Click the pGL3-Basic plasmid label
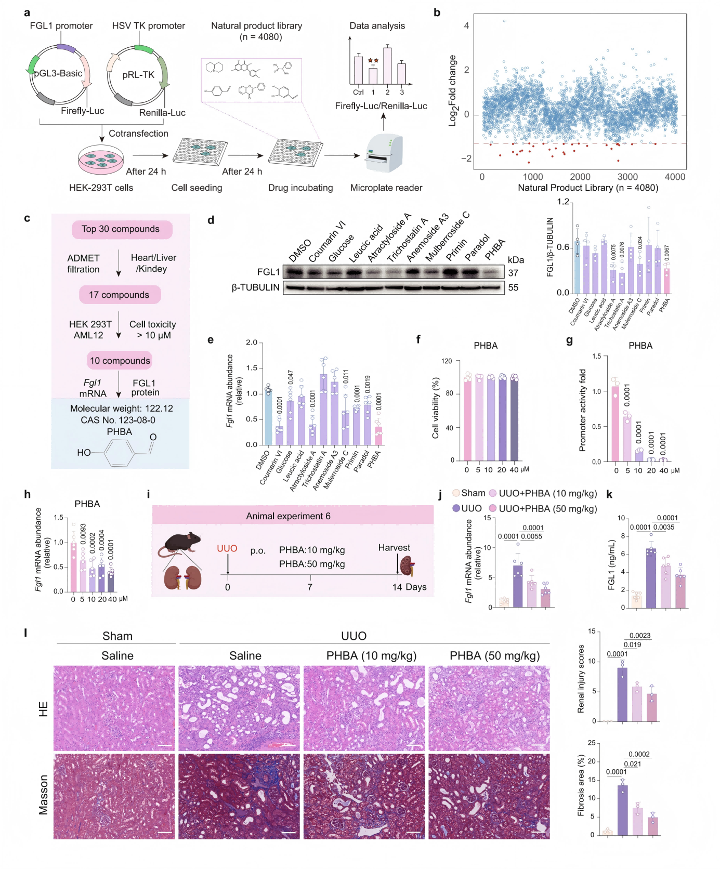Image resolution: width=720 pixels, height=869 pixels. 58,73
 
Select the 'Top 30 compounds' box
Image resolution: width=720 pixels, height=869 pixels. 121,229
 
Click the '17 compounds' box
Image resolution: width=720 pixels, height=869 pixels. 119,295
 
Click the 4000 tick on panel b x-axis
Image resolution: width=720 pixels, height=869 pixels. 675,177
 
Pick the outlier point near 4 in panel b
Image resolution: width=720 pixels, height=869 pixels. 504,21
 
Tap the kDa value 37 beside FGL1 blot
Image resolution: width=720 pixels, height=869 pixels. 513,273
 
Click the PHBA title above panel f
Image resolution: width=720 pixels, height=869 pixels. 486,346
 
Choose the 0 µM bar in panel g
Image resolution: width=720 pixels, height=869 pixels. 616,424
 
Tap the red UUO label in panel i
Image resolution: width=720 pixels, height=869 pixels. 227,548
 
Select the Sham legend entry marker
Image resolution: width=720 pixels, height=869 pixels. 456,493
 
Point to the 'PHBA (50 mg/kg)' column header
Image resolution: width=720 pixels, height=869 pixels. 494,656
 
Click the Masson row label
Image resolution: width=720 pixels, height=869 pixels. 44,795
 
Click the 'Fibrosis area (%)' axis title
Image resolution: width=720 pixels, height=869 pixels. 581,785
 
